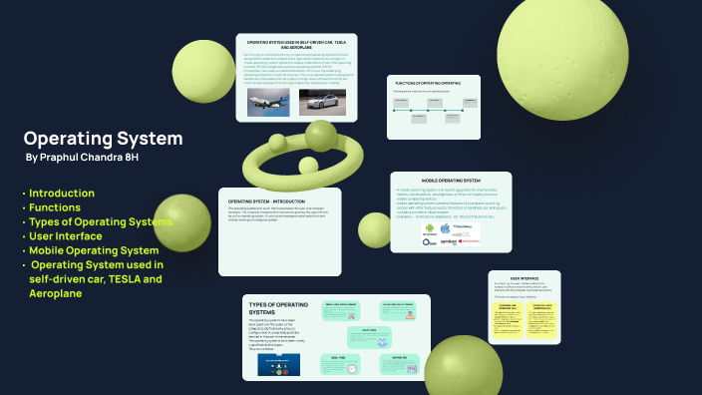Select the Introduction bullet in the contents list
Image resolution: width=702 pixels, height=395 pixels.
pyautogui.click(x=62, y=193)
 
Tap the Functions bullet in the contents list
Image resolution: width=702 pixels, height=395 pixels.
pyautogui.click(x=55, y=206)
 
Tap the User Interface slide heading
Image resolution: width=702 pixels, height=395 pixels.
pyautogui.click(x=525, y=280)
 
